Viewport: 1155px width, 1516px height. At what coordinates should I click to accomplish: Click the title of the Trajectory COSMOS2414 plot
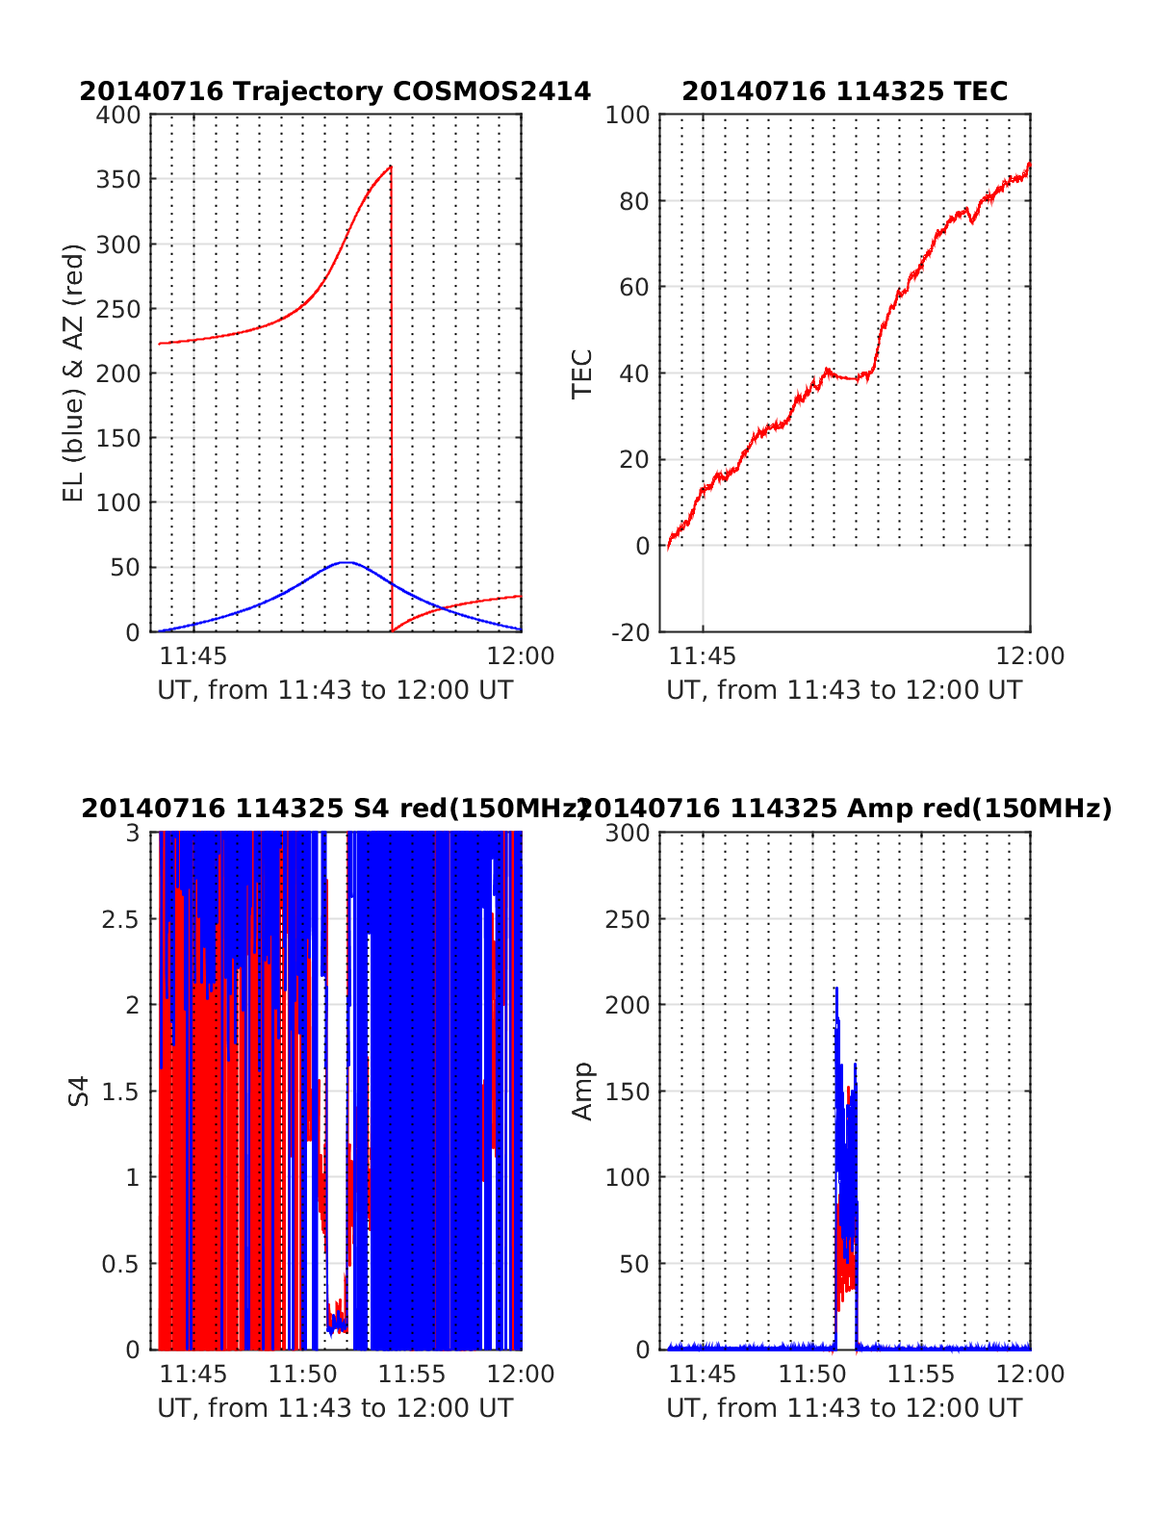335,91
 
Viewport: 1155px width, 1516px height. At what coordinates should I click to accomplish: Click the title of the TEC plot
844,91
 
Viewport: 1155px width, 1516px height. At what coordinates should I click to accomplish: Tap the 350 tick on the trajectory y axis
118,180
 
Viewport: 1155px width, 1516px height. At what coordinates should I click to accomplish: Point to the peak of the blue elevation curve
346,562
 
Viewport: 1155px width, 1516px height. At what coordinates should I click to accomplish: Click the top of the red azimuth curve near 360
390,167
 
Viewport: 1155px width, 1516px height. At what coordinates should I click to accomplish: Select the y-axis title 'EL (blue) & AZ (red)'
74,373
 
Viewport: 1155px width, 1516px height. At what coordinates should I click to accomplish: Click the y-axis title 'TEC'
582,373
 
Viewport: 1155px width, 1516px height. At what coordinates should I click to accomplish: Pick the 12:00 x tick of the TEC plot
1030,656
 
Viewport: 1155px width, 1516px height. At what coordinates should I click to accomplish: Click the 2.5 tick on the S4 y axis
120,919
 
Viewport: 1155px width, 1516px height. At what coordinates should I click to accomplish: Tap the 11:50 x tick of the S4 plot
302,1375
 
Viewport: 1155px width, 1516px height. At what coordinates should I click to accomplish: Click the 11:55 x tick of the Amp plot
921,1375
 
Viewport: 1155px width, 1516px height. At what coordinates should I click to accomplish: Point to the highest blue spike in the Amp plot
835,989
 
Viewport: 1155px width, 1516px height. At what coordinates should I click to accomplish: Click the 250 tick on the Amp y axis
628,919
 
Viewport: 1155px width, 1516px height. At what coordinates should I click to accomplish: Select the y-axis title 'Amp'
582,1092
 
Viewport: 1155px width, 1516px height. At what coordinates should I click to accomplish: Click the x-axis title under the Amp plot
844,1408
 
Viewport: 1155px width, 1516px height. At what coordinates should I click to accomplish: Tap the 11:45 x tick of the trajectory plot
193,656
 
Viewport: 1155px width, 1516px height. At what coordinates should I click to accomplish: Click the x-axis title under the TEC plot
844,690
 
